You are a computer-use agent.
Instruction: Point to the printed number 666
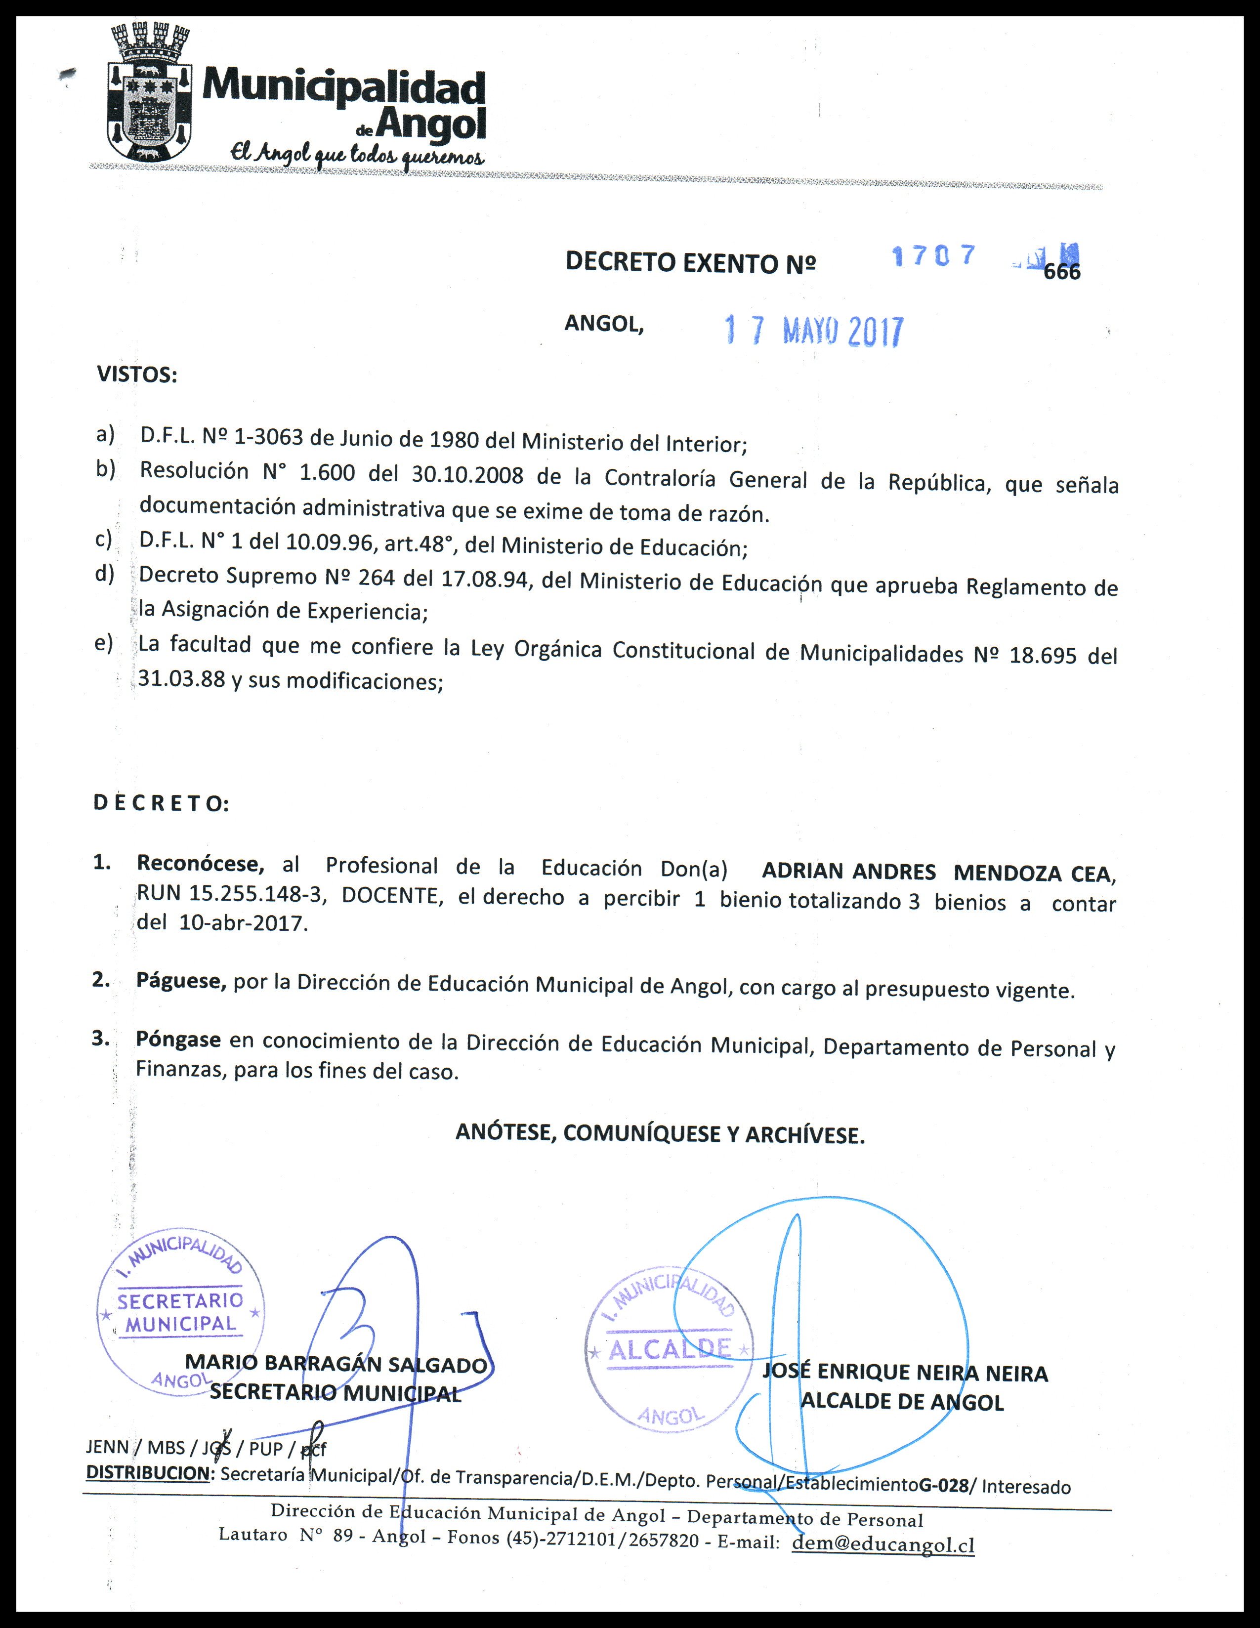[1062, 272]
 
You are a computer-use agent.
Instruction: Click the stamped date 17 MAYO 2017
[814, 331]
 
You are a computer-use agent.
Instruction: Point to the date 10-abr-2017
[243, 923]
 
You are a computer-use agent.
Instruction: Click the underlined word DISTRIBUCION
[148, 1472]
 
